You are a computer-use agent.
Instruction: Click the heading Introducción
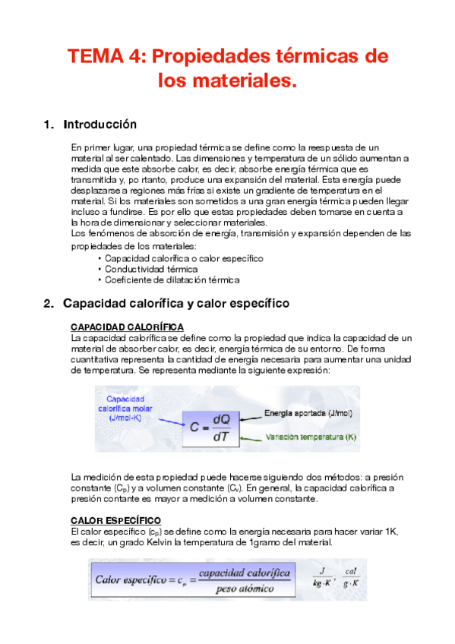pyautogui.click(x=100, y=124)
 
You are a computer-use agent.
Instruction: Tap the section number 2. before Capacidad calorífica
pyautogui.click(x=49, y=304)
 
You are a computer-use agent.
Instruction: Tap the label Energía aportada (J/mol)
pyautogui.click(x=302, y=414)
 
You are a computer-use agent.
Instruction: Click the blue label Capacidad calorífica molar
pyautogui.click(x=127, y=408)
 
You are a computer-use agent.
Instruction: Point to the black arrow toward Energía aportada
pyautogui.click(x=249, y=415)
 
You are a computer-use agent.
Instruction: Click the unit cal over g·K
pyautogui.click(x=351, y=579)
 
